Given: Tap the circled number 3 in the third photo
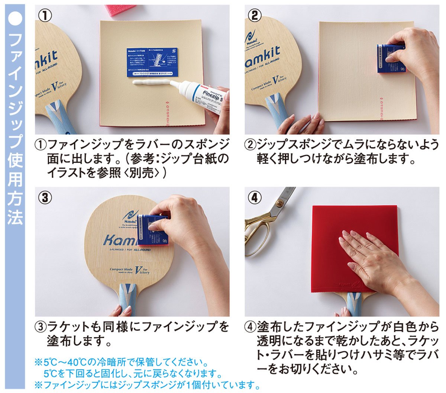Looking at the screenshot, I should click(45, 197).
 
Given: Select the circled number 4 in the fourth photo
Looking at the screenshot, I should click(255, 197).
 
